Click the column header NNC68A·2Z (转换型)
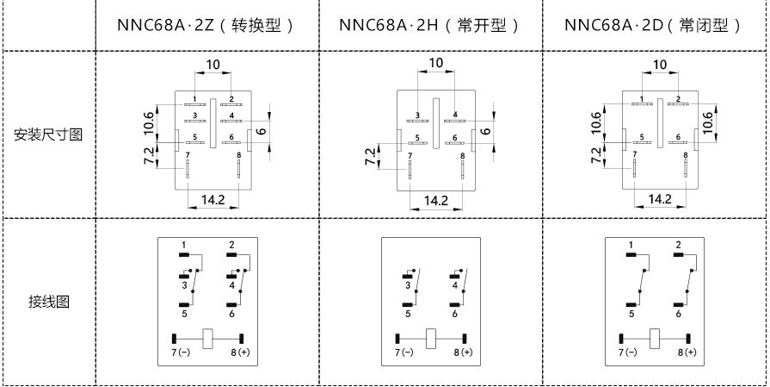coord(206,25)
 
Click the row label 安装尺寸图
coord(48,135)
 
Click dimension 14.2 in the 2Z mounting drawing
coord(213,199)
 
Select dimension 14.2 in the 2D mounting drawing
coord(660,199)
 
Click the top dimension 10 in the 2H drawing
coord(436,63)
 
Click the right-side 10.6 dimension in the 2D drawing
coord(708,122)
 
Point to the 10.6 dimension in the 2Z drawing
coord(150,122)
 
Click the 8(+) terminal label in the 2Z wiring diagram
coord(242,353)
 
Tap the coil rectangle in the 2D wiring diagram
coord(655,337)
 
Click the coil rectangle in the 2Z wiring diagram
coord(208,337)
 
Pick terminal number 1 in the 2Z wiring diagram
coord(184,246)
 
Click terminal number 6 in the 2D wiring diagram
coord(679,315)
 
